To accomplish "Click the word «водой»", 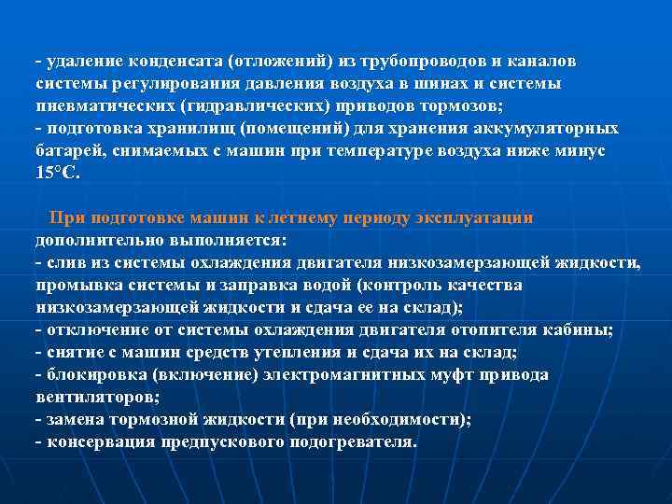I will (x=331, y=285).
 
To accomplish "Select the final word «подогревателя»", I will (x=344, y=441).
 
